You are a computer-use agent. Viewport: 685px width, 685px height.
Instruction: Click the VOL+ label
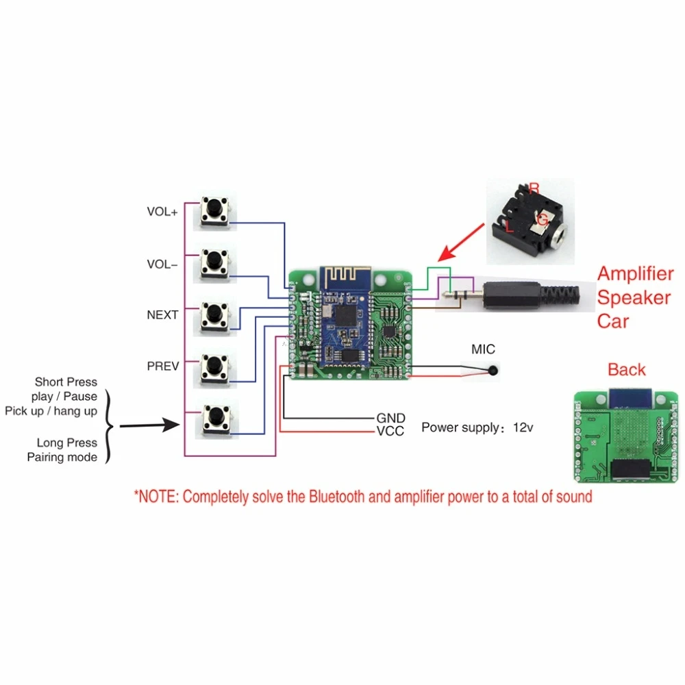(162, 212)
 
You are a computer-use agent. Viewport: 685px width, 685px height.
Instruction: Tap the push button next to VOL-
(214, 264)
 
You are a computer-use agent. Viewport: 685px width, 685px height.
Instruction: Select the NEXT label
(162, 315)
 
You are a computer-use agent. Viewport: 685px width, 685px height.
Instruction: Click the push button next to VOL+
(215, 212)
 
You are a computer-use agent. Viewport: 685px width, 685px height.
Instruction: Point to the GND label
(390, 418)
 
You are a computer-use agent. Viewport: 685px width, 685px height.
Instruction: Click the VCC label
(390, 431)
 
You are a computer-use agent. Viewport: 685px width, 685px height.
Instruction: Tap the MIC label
(482, 349)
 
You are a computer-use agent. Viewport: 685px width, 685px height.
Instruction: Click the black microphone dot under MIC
(493, 372)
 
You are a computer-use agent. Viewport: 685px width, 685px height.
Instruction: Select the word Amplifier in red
(635, 274)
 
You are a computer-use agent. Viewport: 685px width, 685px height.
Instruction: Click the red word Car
(612, 321)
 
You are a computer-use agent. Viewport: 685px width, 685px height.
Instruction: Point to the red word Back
(626, 370)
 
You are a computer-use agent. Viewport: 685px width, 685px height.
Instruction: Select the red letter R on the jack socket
(534, 188)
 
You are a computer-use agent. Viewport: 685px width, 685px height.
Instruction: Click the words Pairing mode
(62, 457)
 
